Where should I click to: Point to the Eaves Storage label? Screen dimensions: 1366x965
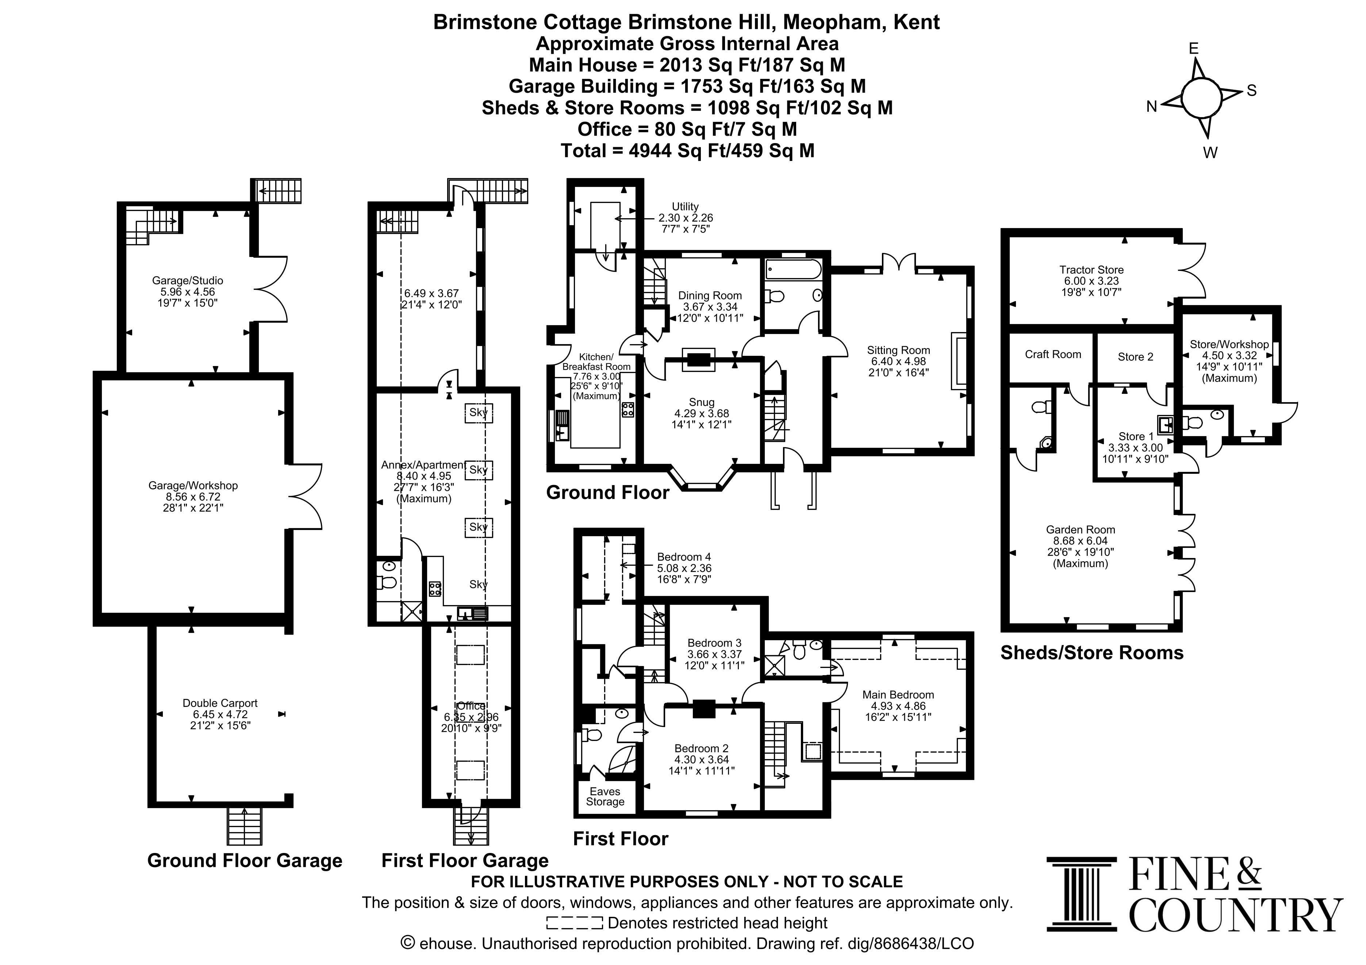click(x=605, y=797)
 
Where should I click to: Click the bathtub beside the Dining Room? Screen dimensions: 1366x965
click(x=794, y=269)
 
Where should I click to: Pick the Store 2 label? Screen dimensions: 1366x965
click(x=1135, y=357)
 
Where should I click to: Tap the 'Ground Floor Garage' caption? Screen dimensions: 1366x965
click(x=245, y=861)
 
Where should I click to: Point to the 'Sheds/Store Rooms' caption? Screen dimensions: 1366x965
click(x=1092, y=653)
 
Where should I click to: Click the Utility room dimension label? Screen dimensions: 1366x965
click(x=686, y=218)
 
